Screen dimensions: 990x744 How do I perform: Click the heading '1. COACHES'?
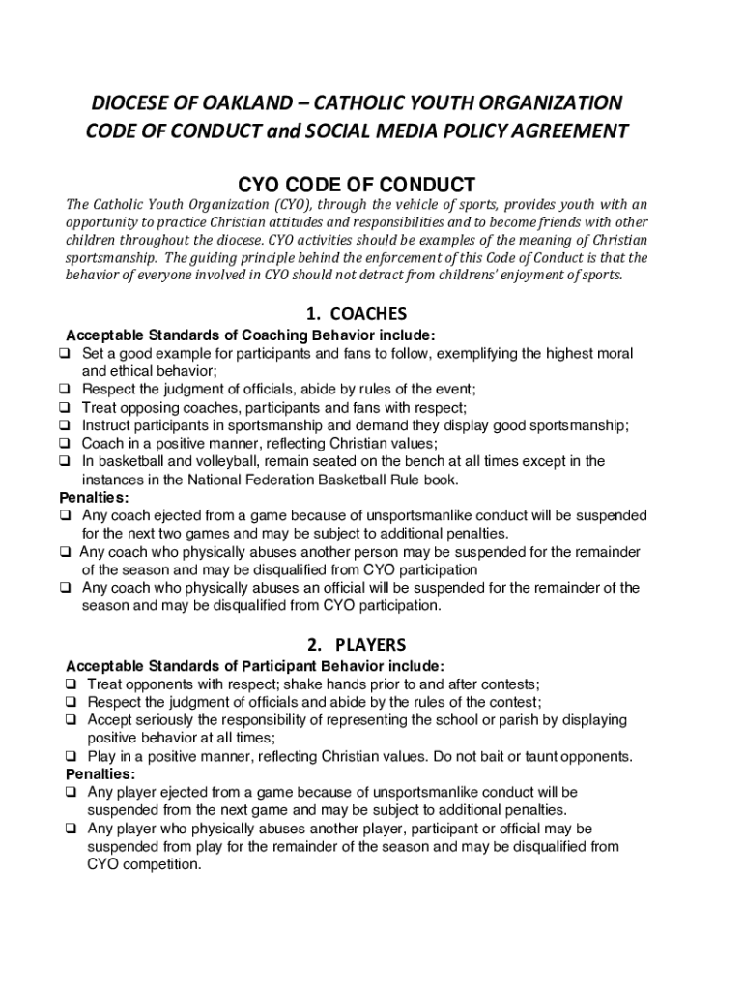click(x=356, y=314)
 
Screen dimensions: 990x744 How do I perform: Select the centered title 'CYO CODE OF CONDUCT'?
click(x=357, y=185)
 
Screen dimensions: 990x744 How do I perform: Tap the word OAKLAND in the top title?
click(x=237, y=102)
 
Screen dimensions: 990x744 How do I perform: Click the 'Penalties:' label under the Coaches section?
click(x=94, y=498)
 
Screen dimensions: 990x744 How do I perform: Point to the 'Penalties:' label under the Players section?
click(x=100, y=774)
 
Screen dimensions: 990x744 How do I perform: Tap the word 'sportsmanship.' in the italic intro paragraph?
click(x=111, y=258)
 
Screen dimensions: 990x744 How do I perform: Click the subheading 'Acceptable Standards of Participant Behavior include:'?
click(x=255, y=666)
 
